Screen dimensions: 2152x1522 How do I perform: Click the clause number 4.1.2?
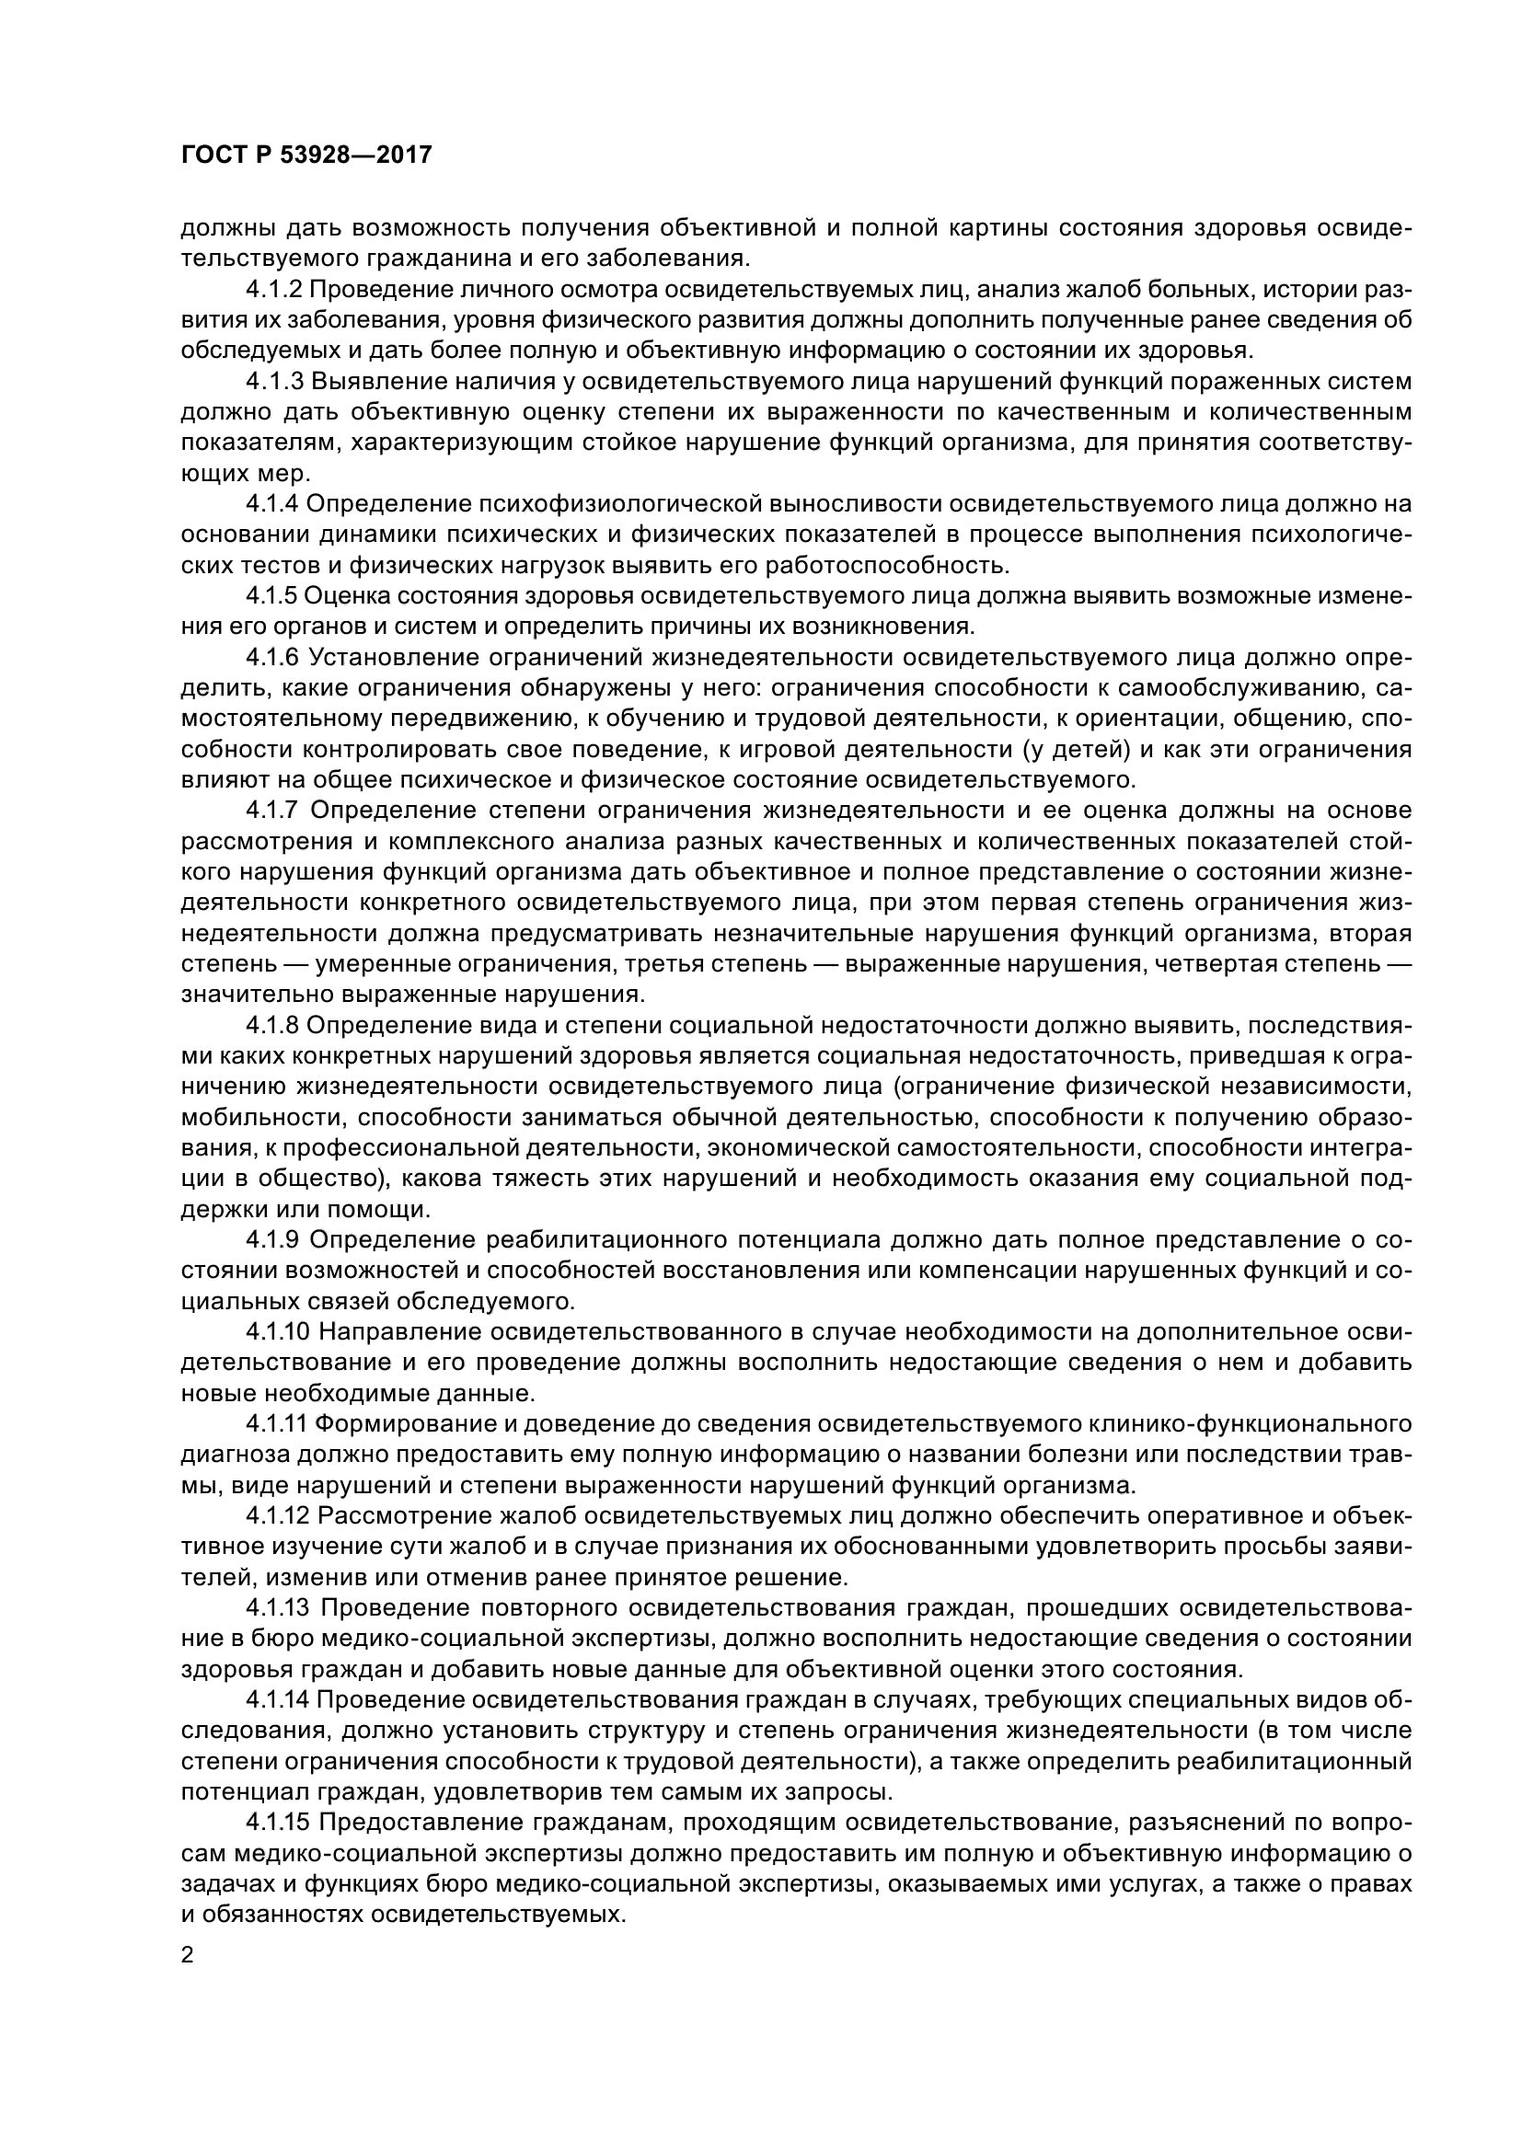(x=274, y=290)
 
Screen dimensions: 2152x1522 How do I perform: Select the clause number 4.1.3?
(x=274, y=382)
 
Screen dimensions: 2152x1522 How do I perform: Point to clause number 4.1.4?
(x=272, y=504)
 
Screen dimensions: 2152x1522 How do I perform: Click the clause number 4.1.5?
(x=272, y=596)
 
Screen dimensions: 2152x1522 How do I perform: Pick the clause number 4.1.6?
(x=273, y=657)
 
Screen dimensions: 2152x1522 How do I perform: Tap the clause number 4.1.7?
(x=273, y=810)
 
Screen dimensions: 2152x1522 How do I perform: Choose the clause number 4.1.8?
(x=272, y=1025)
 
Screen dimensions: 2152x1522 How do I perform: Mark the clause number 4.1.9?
(x=273, y=1240)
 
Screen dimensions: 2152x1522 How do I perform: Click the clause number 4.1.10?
(x=278, y=1332)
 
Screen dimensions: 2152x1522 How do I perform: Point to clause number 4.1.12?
(x=278, y=1515)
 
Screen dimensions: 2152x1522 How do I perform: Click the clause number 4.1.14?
(x=278, y=1699)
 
